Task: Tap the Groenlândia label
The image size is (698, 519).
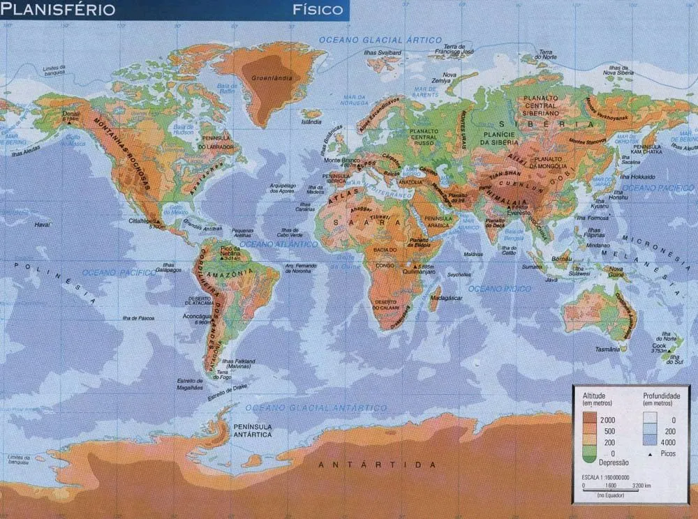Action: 269,77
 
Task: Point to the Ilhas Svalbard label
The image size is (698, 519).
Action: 383,53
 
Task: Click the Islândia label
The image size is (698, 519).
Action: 311,121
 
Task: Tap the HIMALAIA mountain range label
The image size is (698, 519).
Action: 508,200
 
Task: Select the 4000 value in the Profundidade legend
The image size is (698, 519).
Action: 669,442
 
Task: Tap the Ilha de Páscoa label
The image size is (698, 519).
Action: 138,318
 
